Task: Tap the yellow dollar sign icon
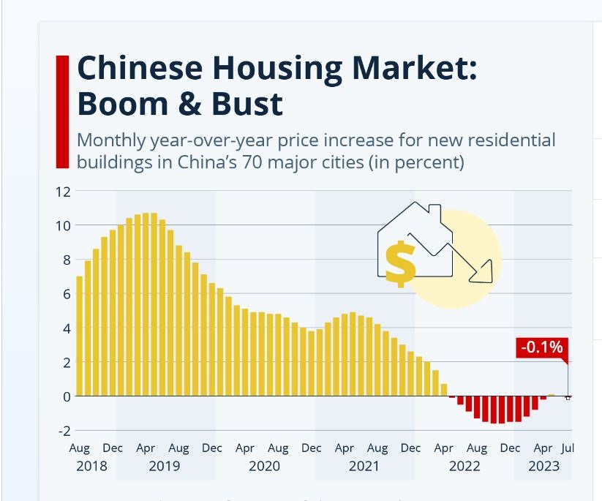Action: click(400, 263)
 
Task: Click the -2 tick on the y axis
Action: click(64, 431)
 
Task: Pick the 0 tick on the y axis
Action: click(66, 396)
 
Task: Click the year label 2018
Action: click(91, 466)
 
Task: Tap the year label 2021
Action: click(364, 466)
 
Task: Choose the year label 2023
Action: click(543, 466)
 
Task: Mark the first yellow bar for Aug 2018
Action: click(80, 336)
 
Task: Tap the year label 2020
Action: click(264, 466)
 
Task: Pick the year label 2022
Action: click(464, 466)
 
